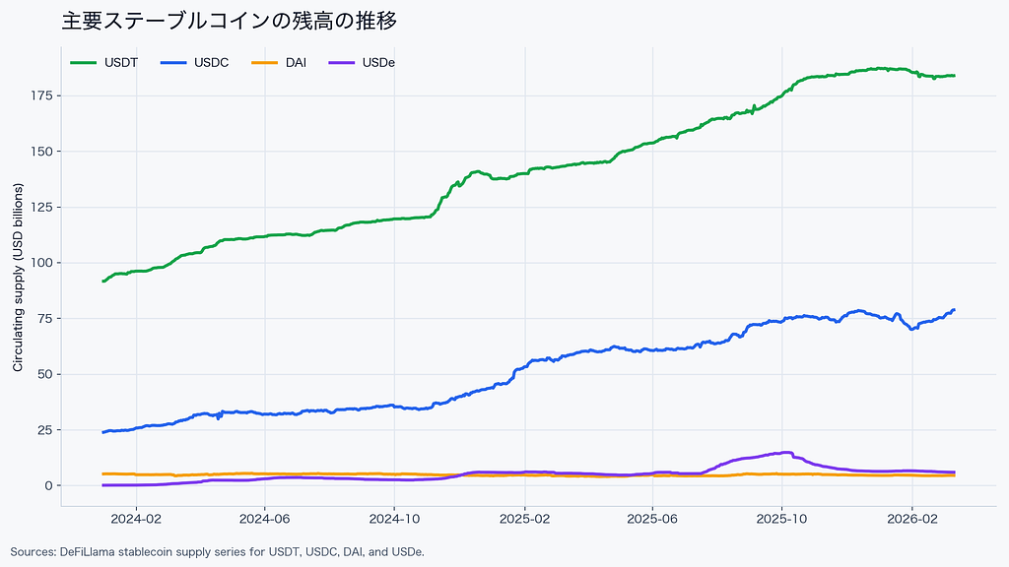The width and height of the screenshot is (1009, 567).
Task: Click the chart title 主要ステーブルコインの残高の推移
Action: point(229,20)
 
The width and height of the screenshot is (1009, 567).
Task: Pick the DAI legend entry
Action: point(295,63)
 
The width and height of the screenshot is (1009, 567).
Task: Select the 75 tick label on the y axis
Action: point(43,318)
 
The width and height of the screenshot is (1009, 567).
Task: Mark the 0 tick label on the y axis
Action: point(47,485)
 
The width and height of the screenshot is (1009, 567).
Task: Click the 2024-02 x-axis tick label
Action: point(135,518)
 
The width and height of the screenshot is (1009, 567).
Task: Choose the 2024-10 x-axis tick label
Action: point(394,518)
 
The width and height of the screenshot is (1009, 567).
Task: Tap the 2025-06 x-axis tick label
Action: point(653,518)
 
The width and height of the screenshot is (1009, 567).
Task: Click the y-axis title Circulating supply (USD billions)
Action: point(18,290)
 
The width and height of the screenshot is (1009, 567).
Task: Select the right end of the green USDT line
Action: point(954,76)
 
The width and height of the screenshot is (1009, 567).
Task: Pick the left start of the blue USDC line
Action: point(103,432)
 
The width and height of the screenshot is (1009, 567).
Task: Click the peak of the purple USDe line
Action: point(787,453)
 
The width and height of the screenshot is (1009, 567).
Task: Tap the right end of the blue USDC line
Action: point(954,310)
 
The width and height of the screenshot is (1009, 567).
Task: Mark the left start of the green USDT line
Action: point(103,282)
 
